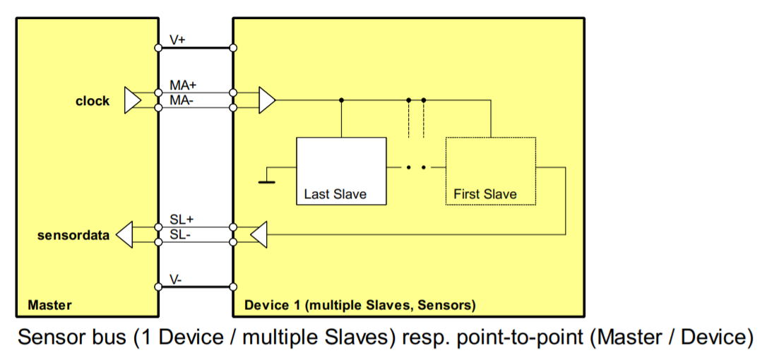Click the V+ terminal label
pyautogui.click(x=178, y=40)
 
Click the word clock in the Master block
pyautogui.click(x=93, y=101)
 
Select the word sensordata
pyautogui.click(x=73, y=235)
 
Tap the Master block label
pyautogui.click(x=49, y=306)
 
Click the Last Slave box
pyautogui.click(x=341, y=171)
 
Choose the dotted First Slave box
pyautogui.click(x=491, y=171)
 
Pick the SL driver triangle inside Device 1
pyautogui.click(x=259, y=235)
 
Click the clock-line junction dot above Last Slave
pyautogui.click(x=342, y=100)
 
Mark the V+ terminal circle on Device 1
pyautogui.click(x=234, y=49)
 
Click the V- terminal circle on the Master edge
pyautogui.click(x=158, y=287)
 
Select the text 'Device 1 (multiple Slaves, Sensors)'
pyautogui.click(x=359, y=306)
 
